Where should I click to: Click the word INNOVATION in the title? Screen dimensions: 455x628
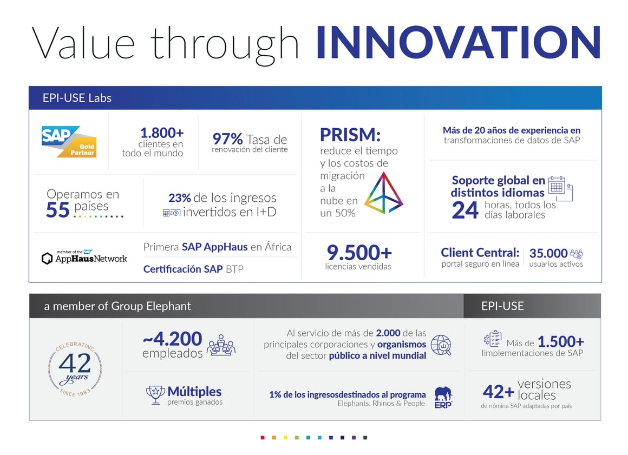(458, 43)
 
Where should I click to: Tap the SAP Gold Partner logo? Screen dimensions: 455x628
(69, 142)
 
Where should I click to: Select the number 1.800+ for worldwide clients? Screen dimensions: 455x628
(161, 133)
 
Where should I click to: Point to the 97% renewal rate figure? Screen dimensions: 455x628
(227, 140)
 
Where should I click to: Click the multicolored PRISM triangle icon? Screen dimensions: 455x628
(384, 193)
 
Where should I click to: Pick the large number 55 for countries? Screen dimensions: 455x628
(58, 210)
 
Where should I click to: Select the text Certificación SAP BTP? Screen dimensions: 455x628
(193, 269)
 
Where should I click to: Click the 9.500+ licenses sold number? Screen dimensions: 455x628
(359, 252)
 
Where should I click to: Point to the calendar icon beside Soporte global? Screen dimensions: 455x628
(559, 188)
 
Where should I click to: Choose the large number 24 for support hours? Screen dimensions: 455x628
(465, 210)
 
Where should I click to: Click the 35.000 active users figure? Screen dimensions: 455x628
(548, 253)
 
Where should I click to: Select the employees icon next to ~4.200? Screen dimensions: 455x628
(221, 345)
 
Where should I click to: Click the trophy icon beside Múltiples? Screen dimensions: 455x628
(155, 395)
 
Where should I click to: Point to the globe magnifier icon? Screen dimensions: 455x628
(441, 345)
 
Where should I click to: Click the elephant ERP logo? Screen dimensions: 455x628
(443, 397)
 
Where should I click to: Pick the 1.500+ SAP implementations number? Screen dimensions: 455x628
(561, 342)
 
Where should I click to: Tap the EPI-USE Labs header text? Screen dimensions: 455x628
(77, 98)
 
